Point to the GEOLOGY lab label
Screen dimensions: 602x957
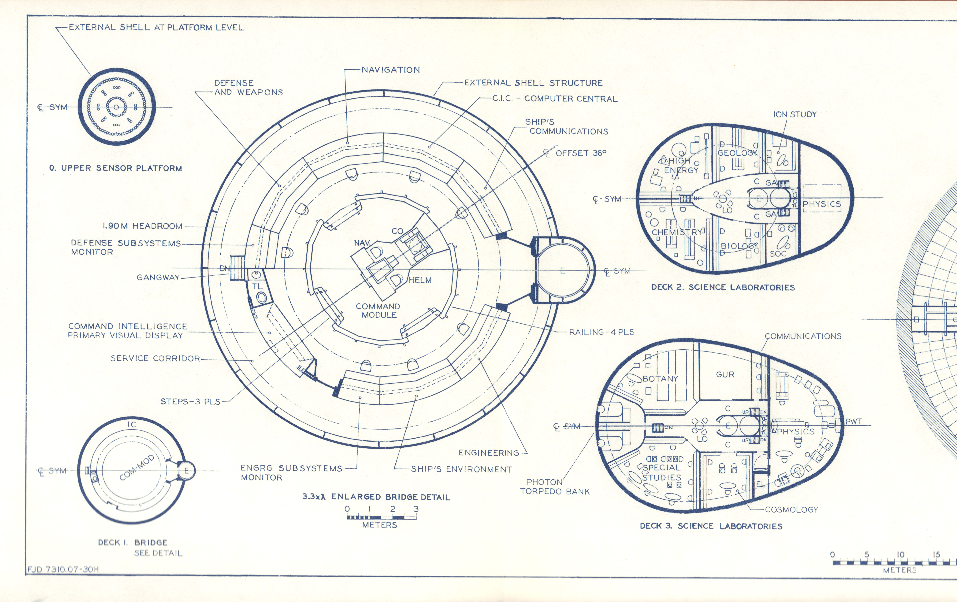[737, 153]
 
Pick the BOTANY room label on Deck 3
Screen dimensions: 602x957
[660, 379]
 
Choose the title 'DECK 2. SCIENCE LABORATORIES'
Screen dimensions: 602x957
[723, 287]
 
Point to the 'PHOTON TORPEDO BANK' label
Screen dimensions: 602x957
[555, 487]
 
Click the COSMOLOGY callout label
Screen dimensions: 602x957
[791, 509]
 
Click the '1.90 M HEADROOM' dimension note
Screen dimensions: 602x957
[142, 226]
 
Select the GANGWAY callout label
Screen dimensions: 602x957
[158, 277]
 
